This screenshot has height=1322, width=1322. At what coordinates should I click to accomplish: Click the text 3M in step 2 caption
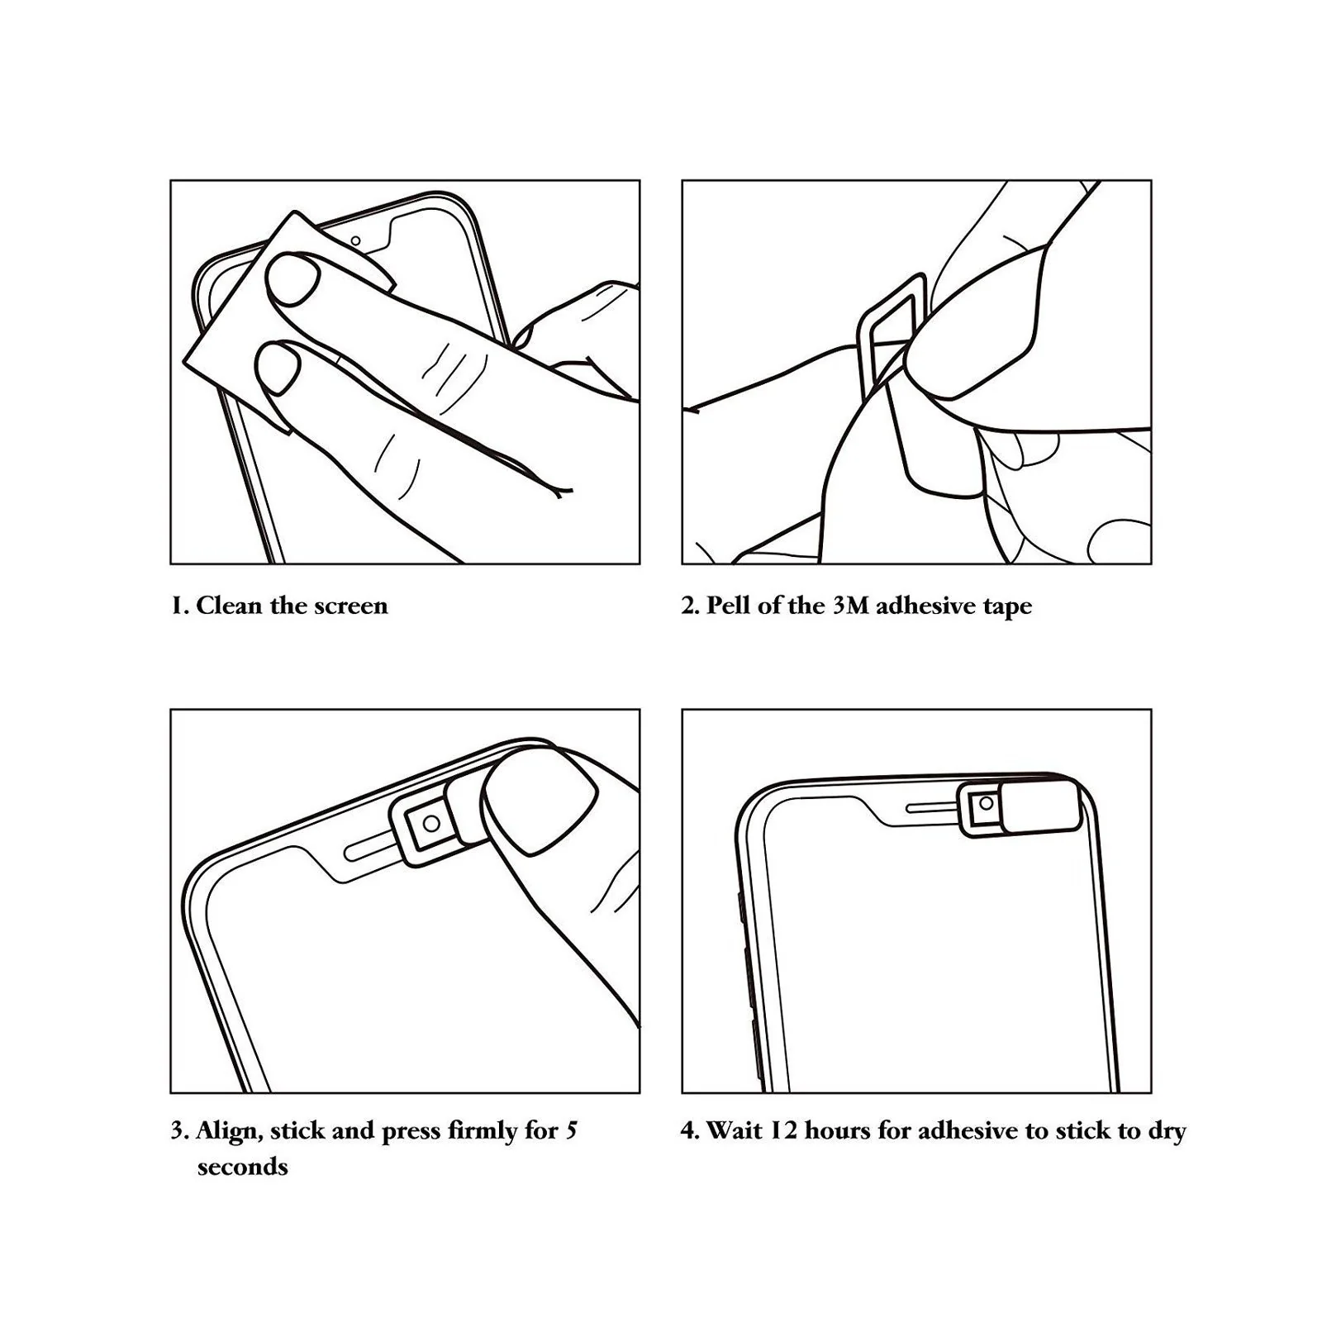click(850, 606)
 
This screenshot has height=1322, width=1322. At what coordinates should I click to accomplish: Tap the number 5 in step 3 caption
click(571, 1130)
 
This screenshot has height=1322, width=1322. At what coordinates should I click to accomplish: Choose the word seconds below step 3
click(242, 1167)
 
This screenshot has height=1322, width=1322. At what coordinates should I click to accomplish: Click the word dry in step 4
click(1166, 1132)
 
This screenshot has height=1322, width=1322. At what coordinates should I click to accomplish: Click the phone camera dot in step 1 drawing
click(355, 241)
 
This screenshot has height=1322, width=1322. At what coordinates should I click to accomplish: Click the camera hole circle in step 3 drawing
click(430, 823)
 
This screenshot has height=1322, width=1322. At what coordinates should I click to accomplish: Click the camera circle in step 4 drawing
click(985, 803)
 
